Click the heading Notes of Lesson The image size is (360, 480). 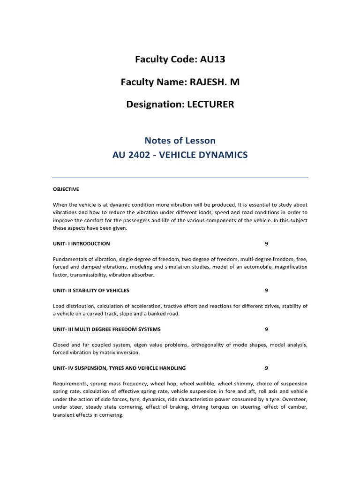[180, 140]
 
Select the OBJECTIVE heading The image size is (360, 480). [66, 189]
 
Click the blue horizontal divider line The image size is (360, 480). [180, 178]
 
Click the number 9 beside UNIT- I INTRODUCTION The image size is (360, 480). [266, 244]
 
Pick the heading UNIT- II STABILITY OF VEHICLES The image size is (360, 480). [91, 291]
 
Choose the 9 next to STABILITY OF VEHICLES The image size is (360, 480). [266, 291]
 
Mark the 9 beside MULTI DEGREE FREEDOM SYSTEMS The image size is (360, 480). [266, 330]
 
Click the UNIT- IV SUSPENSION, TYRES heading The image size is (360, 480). [119, 368]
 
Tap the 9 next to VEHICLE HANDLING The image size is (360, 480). [266, 368]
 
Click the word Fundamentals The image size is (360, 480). [70, 259]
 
